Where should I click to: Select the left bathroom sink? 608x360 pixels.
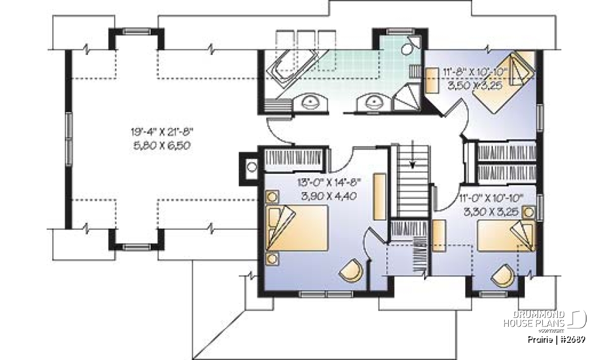point(310,102)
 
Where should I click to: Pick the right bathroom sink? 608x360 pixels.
point(374,103)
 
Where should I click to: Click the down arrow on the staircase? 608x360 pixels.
point(412,154)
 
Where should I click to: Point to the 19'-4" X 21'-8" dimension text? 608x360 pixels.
point(162,132)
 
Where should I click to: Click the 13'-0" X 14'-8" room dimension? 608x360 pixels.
point(329,183)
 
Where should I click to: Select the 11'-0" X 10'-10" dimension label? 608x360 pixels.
point(491,198)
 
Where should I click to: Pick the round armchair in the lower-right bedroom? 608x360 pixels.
point(503,275)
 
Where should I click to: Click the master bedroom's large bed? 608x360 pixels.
point(297,228)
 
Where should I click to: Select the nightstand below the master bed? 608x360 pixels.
point(272,259)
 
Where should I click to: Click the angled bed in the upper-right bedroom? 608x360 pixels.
point(504,82)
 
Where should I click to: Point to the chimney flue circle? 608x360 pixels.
point(252,167)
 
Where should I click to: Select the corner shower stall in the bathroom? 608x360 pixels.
point(406,97)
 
